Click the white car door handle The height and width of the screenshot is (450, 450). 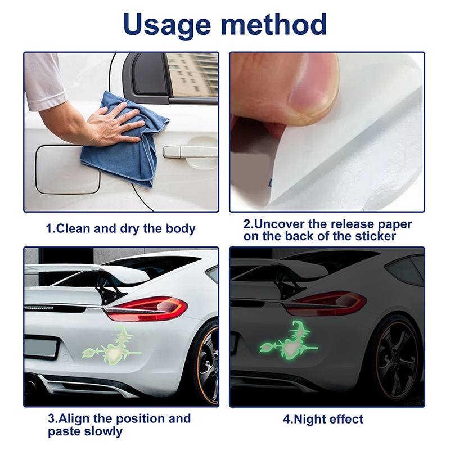pos(190,152)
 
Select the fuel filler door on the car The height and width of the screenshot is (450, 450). pos(67,169)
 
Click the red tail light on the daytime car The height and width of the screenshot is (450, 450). pos(146,309)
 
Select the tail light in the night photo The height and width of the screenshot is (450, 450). pos(325,304)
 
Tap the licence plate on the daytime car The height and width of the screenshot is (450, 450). pos(40,348)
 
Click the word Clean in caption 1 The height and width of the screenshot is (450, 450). pos(74,229)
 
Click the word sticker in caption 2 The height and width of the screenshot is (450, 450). pos(375,236)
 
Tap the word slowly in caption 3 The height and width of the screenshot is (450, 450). pos(103,431)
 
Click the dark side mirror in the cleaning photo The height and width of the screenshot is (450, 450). pos(146,75)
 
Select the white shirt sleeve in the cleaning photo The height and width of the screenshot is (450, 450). pos(44,81)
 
